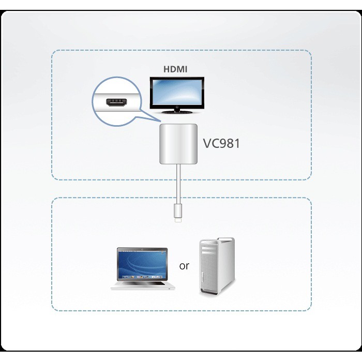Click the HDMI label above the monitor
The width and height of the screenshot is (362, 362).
click(176, 69)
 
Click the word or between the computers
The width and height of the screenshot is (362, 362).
click(184, 267)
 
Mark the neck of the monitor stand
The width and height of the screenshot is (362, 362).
click(177, 109)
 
